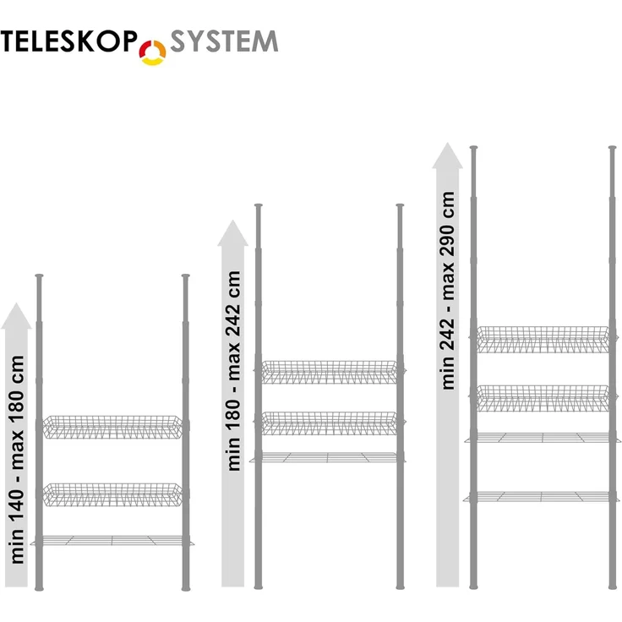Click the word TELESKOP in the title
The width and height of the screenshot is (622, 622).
[x=68, y=41]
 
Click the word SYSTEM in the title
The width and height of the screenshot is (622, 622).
[x=224, y=41]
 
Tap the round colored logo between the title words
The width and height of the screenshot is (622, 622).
[x=152, y=52]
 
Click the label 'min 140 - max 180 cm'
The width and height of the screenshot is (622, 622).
[x=18, y=460]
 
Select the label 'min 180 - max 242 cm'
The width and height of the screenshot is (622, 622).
[x=233, y=371]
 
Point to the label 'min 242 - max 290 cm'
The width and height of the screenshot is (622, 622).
[x=448, y=291]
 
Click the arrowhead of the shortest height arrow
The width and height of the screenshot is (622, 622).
[x=16, y=316]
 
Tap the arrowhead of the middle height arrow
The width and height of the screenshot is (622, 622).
[x=233, y=233]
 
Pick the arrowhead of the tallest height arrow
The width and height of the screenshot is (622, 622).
[x=447, y=155]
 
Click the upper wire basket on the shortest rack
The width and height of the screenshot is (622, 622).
[x=112, y=427]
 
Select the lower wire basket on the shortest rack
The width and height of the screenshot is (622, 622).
[x=112, y=494]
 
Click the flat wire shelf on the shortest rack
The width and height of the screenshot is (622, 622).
[x=112, y=540]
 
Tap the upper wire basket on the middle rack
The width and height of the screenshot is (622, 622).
[x=330, y=372]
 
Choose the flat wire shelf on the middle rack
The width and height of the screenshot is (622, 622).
[x=328, y=457]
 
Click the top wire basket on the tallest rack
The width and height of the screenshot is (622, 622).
[x=543, y=340]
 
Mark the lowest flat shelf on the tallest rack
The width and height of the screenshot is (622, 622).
[x=543, y=497]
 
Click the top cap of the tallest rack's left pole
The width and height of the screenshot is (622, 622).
[x=473, y=149]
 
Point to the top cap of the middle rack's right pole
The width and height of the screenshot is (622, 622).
[x=400, y=206]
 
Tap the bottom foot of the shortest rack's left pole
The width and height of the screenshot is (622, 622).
[x=39, y=587]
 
